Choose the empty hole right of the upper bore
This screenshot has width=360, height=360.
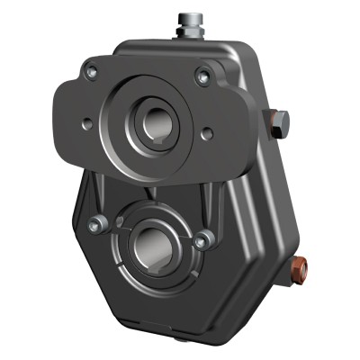click(208, 133)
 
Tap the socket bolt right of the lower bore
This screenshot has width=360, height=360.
click(206, 238)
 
